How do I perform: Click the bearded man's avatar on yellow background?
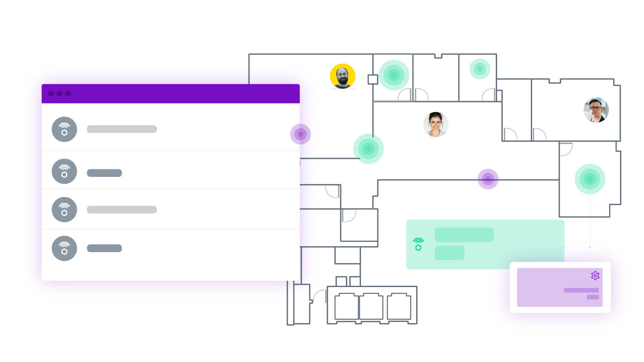[x=342, y=76]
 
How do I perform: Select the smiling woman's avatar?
[x=436, y=125]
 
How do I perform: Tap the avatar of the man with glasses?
[x=596, y=110]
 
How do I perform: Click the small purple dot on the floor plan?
[x=488, y=179]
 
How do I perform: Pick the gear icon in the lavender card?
[x=595, y=276]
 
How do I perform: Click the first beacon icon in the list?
[x=64, y=129]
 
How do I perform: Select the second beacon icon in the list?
[x=64, y=171]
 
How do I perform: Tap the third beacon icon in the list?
[x=64, y=209]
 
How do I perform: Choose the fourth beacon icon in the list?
[x=64, y=248]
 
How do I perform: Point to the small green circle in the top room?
[x=480, y=69]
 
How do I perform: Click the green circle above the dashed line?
[x=590, y=179]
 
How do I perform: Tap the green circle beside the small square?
[x=394, y=75]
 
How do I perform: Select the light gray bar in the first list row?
[x=122, y=129]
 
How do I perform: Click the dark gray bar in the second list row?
[x=104, y=173]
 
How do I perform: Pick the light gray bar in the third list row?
[x=122, y=210]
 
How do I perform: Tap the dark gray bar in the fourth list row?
[x=104, y=248]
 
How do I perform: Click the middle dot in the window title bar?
[x=60, y=94]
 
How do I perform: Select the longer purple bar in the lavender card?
[x=581, y=290]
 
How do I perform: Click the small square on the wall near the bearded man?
[x=373, y=79]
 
